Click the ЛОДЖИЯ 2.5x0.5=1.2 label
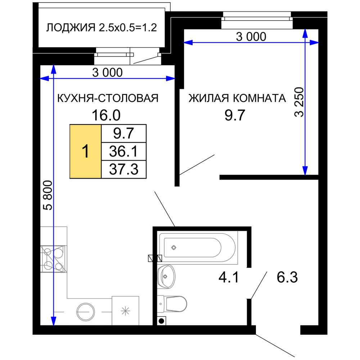102,28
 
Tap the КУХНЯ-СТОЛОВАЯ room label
108,98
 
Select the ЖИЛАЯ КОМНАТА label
237,98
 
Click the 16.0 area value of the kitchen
105,116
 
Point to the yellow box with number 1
85,151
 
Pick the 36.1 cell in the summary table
124,151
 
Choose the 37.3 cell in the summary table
124,169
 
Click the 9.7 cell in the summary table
124,134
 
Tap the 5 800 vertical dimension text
48,195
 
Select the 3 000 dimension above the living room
251,36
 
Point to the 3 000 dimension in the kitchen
107,73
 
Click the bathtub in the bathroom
197,248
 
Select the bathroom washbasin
166,276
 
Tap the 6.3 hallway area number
287,278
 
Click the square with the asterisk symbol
125,311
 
